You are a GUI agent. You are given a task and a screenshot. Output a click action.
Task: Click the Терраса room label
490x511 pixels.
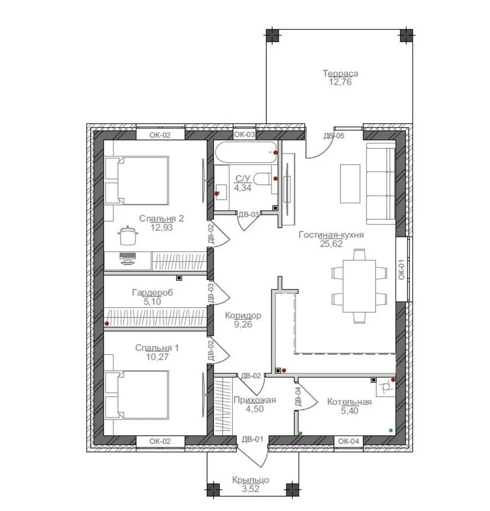(x=340, y=73)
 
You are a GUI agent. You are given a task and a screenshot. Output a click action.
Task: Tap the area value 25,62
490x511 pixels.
(x=331, y=244)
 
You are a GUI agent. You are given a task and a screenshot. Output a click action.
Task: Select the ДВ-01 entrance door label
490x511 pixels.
(x=252, y=439)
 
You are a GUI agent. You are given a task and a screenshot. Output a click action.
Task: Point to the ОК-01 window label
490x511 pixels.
(x=401, y=269)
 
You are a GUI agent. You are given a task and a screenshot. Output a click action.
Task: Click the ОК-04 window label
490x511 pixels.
(x=348, y=441)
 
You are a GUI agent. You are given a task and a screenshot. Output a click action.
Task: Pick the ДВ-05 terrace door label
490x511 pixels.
(x=334, y=136)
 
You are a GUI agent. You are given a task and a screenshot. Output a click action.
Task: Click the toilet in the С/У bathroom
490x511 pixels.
(x=263, y=179)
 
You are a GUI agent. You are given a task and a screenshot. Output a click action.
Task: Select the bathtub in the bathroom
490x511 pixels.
(x=246, y=152)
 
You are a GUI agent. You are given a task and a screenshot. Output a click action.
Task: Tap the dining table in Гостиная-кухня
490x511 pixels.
(x=359, y=286)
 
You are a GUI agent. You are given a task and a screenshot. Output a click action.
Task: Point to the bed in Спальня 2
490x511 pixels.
(x=136, y=181)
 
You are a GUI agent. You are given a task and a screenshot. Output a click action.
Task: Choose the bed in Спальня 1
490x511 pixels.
(x=136, y=395)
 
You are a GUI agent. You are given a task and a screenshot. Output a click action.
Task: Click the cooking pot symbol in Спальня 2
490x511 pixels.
(x=128, y=235)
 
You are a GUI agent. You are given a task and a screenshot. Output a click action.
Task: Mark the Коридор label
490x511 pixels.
(x=243, y=316)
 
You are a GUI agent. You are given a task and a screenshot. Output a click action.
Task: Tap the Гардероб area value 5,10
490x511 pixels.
(x=152, y=301)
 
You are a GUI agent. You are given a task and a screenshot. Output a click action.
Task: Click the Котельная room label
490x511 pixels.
(x=349, y=402)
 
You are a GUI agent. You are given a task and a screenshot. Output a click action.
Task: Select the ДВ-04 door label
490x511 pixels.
(x=298, y=396)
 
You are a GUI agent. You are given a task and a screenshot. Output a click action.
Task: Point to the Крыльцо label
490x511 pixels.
(x=250, y=480)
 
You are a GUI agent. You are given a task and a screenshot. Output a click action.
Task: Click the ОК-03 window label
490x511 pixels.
(x=244, y=134)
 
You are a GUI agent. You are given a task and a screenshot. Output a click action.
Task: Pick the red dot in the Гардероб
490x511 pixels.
(x=107, y=324)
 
